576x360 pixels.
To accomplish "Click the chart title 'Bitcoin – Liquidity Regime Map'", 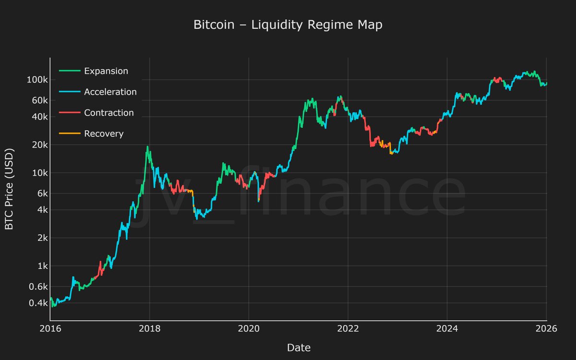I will point(288,25).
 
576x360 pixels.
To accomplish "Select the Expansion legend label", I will point(106,71).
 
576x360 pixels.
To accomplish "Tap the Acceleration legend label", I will point(110,92).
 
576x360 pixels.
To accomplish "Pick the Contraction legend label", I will point(109,113).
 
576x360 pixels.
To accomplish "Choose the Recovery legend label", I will point(104,134).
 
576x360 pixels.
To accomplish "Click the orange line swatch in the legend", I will point(69,134).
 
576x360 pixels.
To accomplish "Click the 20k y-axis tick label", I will point(38,145).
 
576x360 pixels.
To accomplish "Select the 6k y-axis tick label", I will point(40,193).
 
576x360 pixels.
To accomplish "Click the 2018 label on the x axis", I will point(149,329).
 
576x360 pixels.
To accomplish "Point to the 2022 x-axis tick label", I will point(348,329).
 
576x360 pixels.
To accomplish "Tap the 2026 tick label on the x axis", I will point(547,329).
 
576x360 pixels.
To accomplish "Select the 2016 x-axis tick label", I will point(50,329).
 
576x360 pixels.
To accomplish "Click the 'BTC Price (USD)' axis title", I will point(10,189).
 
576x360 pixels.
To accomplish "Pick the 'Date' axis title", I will point(299,348).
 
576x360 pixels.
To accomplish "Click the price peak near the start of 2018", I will point(147,146).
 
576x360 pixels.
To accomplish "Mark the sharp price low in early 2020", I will point(259,201).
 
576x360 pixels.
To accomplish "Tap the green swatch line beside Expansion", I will point(69,71).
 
